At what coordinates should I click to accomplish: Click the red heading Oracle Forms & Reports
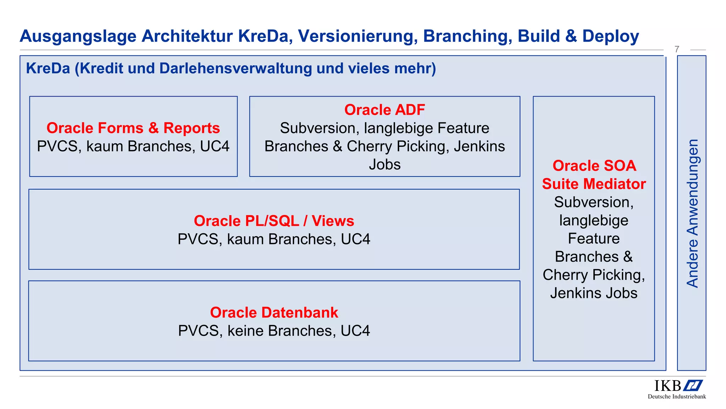point(133,128)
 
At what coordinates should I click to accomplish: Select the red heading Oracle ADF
point(384,110)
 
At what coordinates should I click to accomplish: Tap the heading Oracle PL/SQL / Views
point(274,221)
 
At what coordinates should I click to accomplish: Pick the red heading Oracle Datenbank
point(274,312)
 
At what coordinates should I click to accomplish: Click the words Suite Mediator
point(594,184)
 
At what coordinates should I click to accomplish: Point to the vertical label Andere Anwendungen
point(692,213)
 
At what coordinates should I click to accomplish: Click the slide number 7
point(677,49)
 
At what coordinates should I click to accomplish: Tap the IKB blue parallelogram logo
point(693,386)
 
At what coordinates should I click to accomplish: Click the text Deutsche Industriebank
point(677,397)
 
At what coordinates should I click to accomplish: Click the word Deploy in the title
point(610,36)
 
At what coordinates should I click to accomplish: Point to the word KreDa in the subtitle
point(48,68)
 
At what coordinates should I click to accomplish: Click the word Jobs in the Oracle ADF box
point(385,164)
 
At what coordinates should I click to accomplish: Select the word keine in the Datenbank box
point(246,331)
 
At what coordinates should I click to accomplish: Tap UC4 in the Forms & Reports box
point(214,146)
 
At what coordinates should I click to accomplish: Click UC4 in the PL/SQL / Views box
point(355,239)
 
